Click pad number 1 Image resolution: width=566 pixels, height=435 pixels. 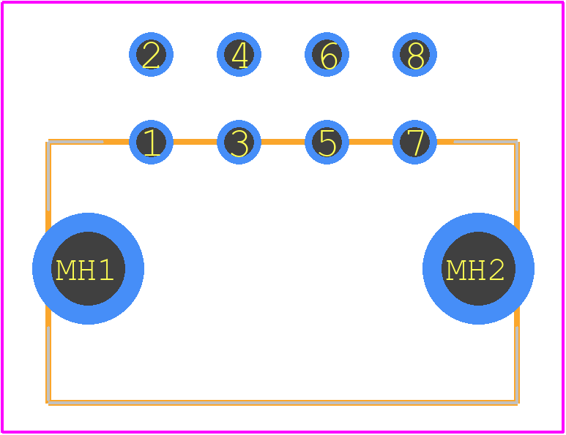(151, 142)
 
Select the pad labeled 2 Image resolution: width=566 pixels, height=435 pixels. (151, 54)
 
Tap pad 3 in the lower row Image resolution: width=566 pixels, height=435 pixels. (239, 142)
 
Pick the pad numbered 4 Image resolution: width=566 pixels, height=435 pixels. (239, 54)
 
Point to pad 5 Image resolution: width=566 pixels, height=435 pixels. (327, 142)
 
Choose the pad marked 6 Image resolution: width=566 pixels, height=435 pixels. (327, 54)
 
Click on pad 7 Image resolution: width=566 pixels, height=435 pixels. (414, 142)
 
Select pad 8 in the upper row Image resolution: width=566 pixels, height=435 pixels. (414, 54)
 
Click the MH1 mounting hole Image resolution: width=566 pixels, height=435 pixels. (88, 268)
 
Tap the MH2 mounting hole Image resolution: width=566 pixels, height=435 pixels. (478, 268)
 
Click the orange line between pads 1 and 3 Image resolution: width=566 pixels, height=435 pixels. (195, 142)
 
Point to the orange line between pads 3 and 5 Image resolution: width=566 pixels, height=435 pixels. (283, 142)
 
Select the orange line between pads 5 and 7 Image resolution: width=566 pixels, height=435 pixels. (370, 142)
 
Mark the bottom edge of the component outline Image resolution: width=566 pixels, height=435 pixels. (283, 403)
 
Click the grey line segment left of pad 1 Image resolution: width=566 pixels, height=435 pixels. (76, 142)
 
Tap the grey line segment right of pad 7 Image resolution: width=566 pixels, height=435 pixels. (486, 142)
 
